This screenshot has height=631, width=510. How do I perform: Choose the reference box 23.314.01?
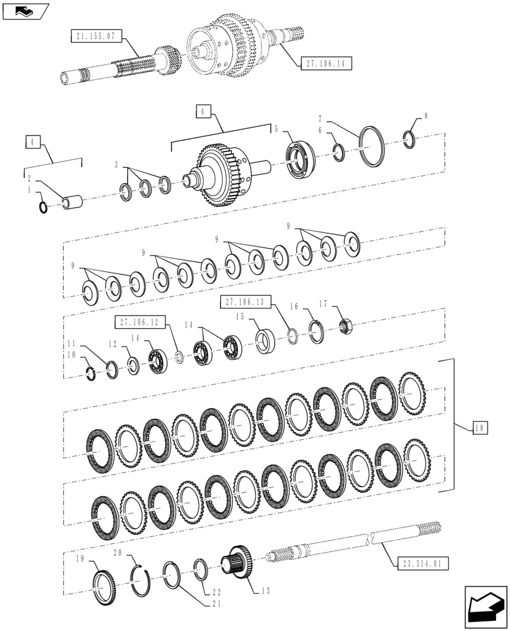coord(423,563)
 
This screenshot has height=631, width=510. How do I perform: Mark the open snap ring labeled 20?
coord(143,580)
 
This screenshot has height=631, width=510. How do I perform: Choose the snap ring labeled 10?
coord(90,374)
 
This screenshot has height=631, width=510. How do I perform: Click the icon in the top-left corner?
coord(25,11)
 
